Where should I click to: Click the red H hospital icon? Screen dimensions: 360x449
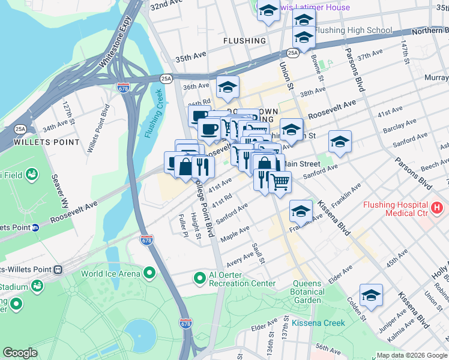click(438, 209)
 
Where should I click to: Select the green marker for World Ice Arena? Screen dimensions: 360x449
click(149, 274)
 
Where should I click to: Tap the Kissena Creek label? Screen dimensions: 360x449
click(319, 323)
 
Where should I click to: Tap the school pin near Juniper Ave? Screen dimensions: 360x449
click(372, 295)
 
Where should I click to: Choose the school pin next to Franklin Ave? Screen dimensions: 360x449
click(301, 211)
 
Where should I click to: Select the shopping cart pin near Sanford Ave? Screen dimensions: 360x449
click(280, 181)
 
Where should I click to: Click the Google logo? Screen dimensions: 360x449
click(20, 353)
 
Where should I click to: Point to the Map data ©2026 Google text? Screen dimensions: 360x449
click(411, 355)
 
